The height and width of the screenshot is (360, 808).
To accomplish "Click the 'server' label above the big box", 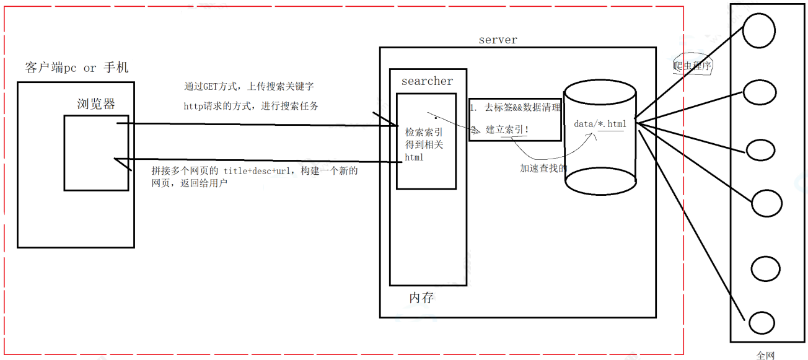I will [x=498, y=40].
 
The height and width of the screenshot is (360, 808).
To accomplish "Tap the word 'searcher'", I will [x=427, y=81].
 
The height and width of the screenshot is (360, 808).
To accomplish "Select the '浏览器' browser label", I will [x=96, y=103].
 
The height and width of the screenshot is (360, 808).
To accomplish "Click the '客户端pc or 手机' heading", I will [x=77, y=68].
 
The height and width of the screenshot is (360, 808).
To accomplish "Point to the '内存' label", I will [x=421, y=297].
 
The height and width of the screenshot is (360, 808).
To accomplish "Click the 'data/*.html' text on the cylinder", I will [x=600, y=124].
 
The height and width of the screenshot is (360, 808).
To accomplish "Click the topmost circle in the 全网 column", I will [x=759, y=31].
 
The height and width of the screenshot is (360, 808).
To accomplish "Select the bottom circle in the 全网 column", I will [x=762, y=323].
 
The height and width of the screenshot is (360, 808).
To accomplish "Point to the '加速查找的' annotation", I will [x=543, y=168].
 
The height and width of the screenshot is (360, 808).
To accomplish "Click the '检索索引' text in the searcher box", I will [x=424, y=132].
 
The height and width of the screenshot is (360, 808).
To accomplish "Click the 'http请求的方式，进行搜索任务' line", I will [x=251, y=106].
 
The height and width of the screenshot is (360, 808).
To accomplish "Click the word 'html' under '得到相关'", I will [x=414, y=157].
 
